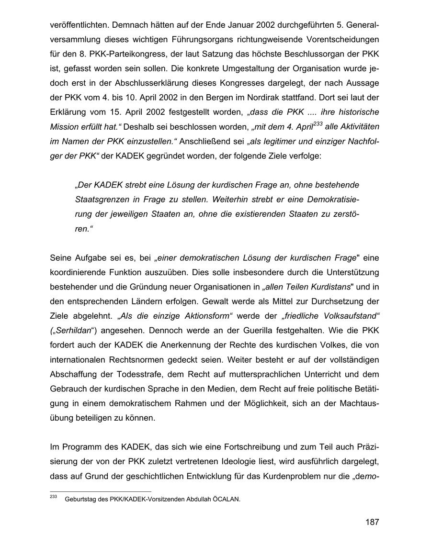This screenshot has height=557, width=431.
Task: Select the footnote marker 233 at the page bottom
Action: [x=53, y=498]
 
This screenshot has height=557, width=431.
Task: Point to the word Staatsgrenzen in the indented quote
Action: [x=99, y=199]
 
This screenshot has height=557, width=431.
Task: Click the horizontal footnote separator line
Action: [x=100, y=491]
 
